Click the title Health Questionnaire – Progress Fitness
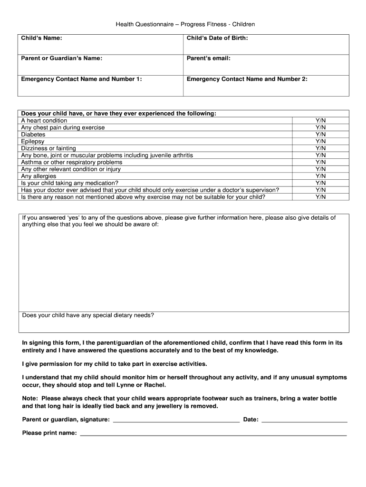[185, 24]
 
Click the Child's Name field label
[41, 38]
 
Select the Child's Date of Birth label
[217, 38]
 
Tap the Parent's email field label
[208, 58]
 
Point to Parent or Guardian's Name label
[61, 58]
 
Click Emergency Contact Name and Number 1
[81, 79]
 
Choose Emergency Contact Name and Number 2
[247, 79]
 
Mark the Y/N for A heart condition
[320, 121]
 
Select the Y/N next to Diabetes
[320, 135]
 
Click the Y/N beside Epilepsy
[320, 141]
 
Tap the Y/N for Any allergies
[320, 176]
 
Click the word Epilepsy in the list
[33, 141]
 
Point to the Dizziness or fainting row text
[48, 148]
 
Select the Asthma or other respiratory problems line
[71, 162]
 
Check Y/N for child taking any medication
[320, 183]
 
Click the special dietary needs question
[88, 315]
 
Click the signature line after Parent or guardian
[176, 420]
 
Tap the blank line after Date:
[304, 420]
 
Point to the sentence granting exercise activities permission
[115, 364]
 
